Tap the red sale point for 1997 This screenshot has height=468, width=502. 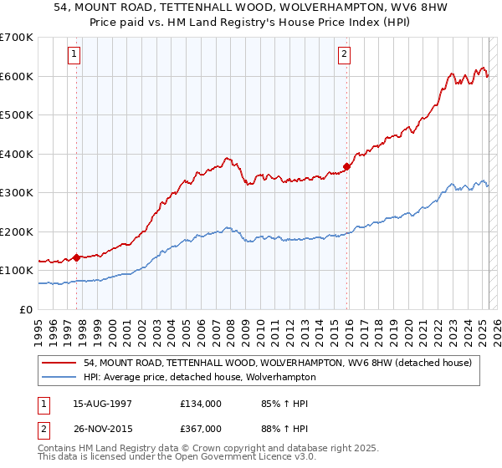pyautogui.click(x=77, y=257)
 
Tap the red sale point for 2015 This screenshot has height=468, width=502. pyautogui.click(x=346, y=166)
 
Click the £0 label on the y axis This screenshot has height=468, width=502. pyautogui.click(x=26, y=309)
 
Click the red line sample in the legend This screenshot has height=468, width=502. pyautogui.click(x=60, y=363)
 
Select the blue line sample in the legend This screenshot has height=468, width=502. pyautogui.click(x=60, y=377)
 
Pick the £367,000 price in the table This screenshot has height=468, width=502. pyautogui.click(x=201, y=428)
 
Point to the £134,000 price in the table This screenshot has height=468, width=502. pyautogui.click(x=201, y=403)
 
